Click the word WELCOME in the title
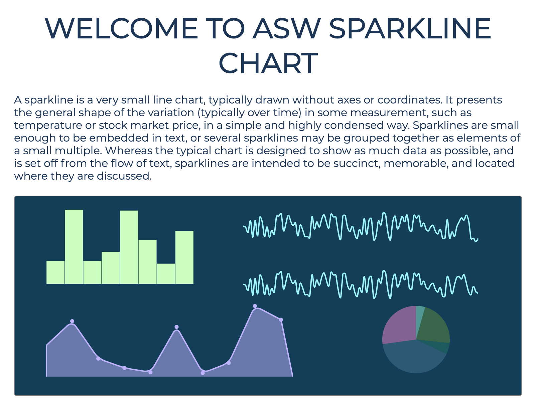(121, 28)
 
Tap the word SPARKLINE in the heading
(410, 28)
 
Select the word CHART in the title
(268, 63)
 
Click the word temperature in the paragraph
(48, 126)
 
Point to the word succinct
(357, 163)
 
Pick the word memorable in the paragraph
(416, 163)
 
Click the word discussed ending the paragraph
(124, 176)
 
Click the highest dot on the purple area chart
(255, 306)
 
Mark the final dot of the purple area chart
(281, 320)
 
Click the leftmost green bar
(55, 272)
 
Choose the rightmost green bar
(184, 257)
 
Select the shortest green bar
(166, 273)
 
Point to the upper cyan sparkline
(361, 226)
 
